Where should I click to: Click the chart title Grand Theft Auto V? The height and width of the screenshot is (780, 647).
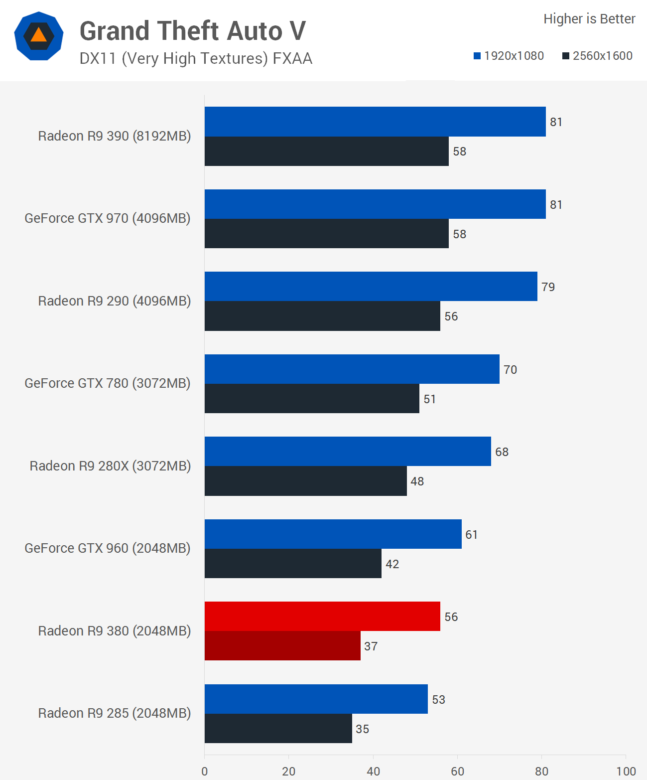click(x=193, y=31)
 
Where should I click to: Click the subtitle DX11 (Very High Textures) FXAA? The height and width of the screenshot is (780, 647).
click(x=196, y=58)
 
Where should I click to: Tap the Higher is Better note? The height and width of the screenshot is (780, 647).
click(x=589, y=19)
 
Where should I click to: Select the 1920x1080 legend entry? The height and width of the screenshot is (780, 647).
click(x=509, y=56)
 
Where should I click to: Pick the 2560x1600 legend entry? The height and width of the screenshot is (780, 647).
click(x=597, y=56)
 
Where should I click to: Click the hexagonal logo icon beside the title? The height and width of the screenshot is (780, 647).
click(x=39, y=36)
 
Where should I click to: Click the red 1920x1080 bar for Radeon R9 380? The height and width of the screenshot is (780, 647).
click(x=322, y=616)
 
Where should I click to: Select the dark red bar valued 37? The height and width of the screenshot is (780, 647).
click(x=282, y=646)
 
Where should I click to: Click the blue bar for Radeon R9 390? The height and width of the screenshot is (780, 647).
click(x=375, y=122)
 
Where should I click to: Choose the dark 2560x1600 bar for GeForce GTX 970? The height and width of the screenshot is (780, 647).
click(x=326, y=234)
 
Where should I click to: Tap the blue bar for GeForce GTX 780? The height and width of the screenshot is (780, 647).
click(x=352, y=369)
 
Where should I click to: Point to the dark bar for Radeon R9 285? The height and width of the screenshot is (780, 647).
click(x=278, y=729)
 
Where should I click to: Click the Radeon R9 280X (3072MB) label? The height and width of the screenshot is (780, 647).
click(x=110, y=466)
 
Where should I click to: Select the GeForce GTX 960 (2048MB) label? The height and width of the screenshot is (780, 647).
click(x=108, y=548)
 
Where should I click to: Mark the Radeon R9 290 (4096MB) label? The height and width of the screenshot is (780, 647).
click(x=115, y=301)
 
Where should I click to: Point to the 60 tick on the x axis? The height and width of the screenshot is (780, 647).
click(x=457, y=771)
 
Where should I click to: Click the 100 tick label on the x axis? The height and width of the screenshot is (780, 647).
click(x=626, y=771)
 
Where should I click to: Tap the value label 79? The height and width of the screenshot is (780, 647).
click(x=548, y=287)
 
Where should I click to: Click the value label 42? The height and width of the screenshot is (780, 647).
click(x=392, y=564)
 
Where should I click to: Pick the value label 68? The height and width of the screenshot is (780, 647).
click(x=502, y=452)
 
